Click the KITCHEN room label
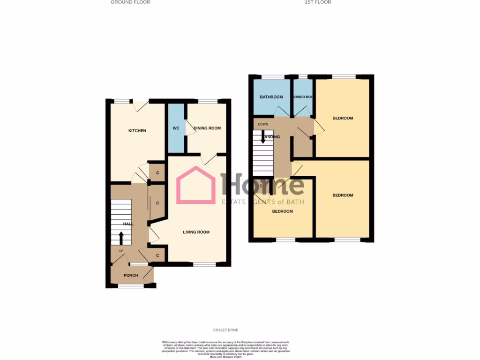[137, 131]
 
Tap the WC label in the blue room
[176, 128]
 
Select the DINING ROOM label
[207, 128]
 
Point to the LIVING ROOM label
[196, 232]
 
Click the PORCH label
[131, 275]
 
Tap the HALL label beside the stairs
[128, 224]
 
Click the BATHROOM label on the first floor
[271, 97]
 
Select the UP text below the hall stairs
[121, 251]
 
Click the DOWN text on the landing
[262, 124]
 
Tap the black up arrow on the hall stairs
[121, 238]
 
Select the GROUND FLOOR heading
[130, 2]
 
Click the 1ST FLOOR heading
[318, 2]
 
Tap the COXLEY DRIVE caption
[226, 330]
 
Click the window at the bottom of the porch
[131, 286]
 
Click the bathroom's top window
[272, 76]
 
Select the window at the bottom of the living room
[204, 265]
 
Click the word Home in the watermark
[262, 184]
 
